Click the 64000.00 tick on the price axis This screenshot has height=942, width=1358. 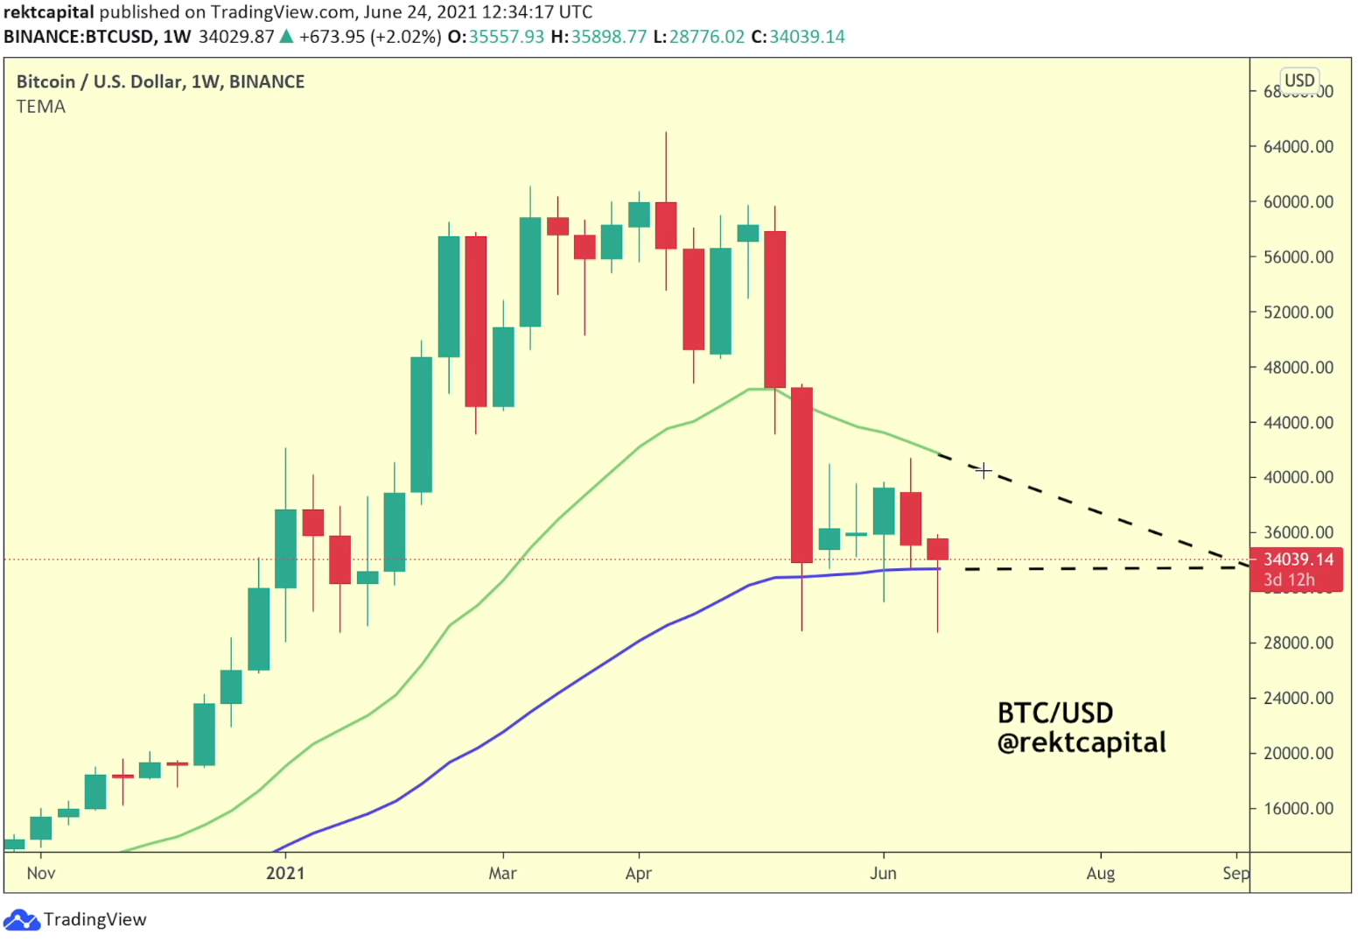tap(1298, 146)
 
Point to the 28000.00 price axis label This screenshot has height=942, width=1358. tap(1298, 643)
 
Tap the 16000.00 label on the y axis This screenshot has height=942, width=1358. tap(1298, 808)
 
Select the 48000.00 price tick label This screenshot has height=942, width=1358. tap(1298, 367)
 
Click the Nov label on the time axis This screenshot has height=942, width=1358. tap(41, 873)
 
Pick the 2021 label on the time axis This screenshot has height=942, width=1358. tap(285, 873)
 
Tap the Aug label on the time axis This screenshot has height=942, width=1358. tap(1100, 873)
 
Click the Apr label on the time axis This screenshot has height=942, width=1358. tap(638, 873)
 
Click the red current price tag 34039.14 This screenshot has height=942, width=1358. tap(1298, 559)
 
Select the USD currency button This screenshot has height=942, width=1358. tap(1298, 81)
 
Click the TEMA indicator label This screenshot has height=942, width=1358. tap(41, 107)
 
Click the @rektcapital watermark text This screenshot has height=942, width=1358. tap(1081, 742)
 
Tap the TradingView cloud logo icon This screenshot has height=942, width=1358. tap(21, 919)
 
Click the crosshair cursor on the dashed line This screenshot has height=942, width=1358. tap(983, 470)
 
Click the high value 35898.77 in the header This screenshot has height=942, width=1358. tap(609, 37)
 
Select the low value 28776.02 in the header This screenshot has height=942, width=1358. tap(706, 37)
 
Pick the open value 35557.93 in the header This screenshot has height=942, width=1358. tap(506, 37)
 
